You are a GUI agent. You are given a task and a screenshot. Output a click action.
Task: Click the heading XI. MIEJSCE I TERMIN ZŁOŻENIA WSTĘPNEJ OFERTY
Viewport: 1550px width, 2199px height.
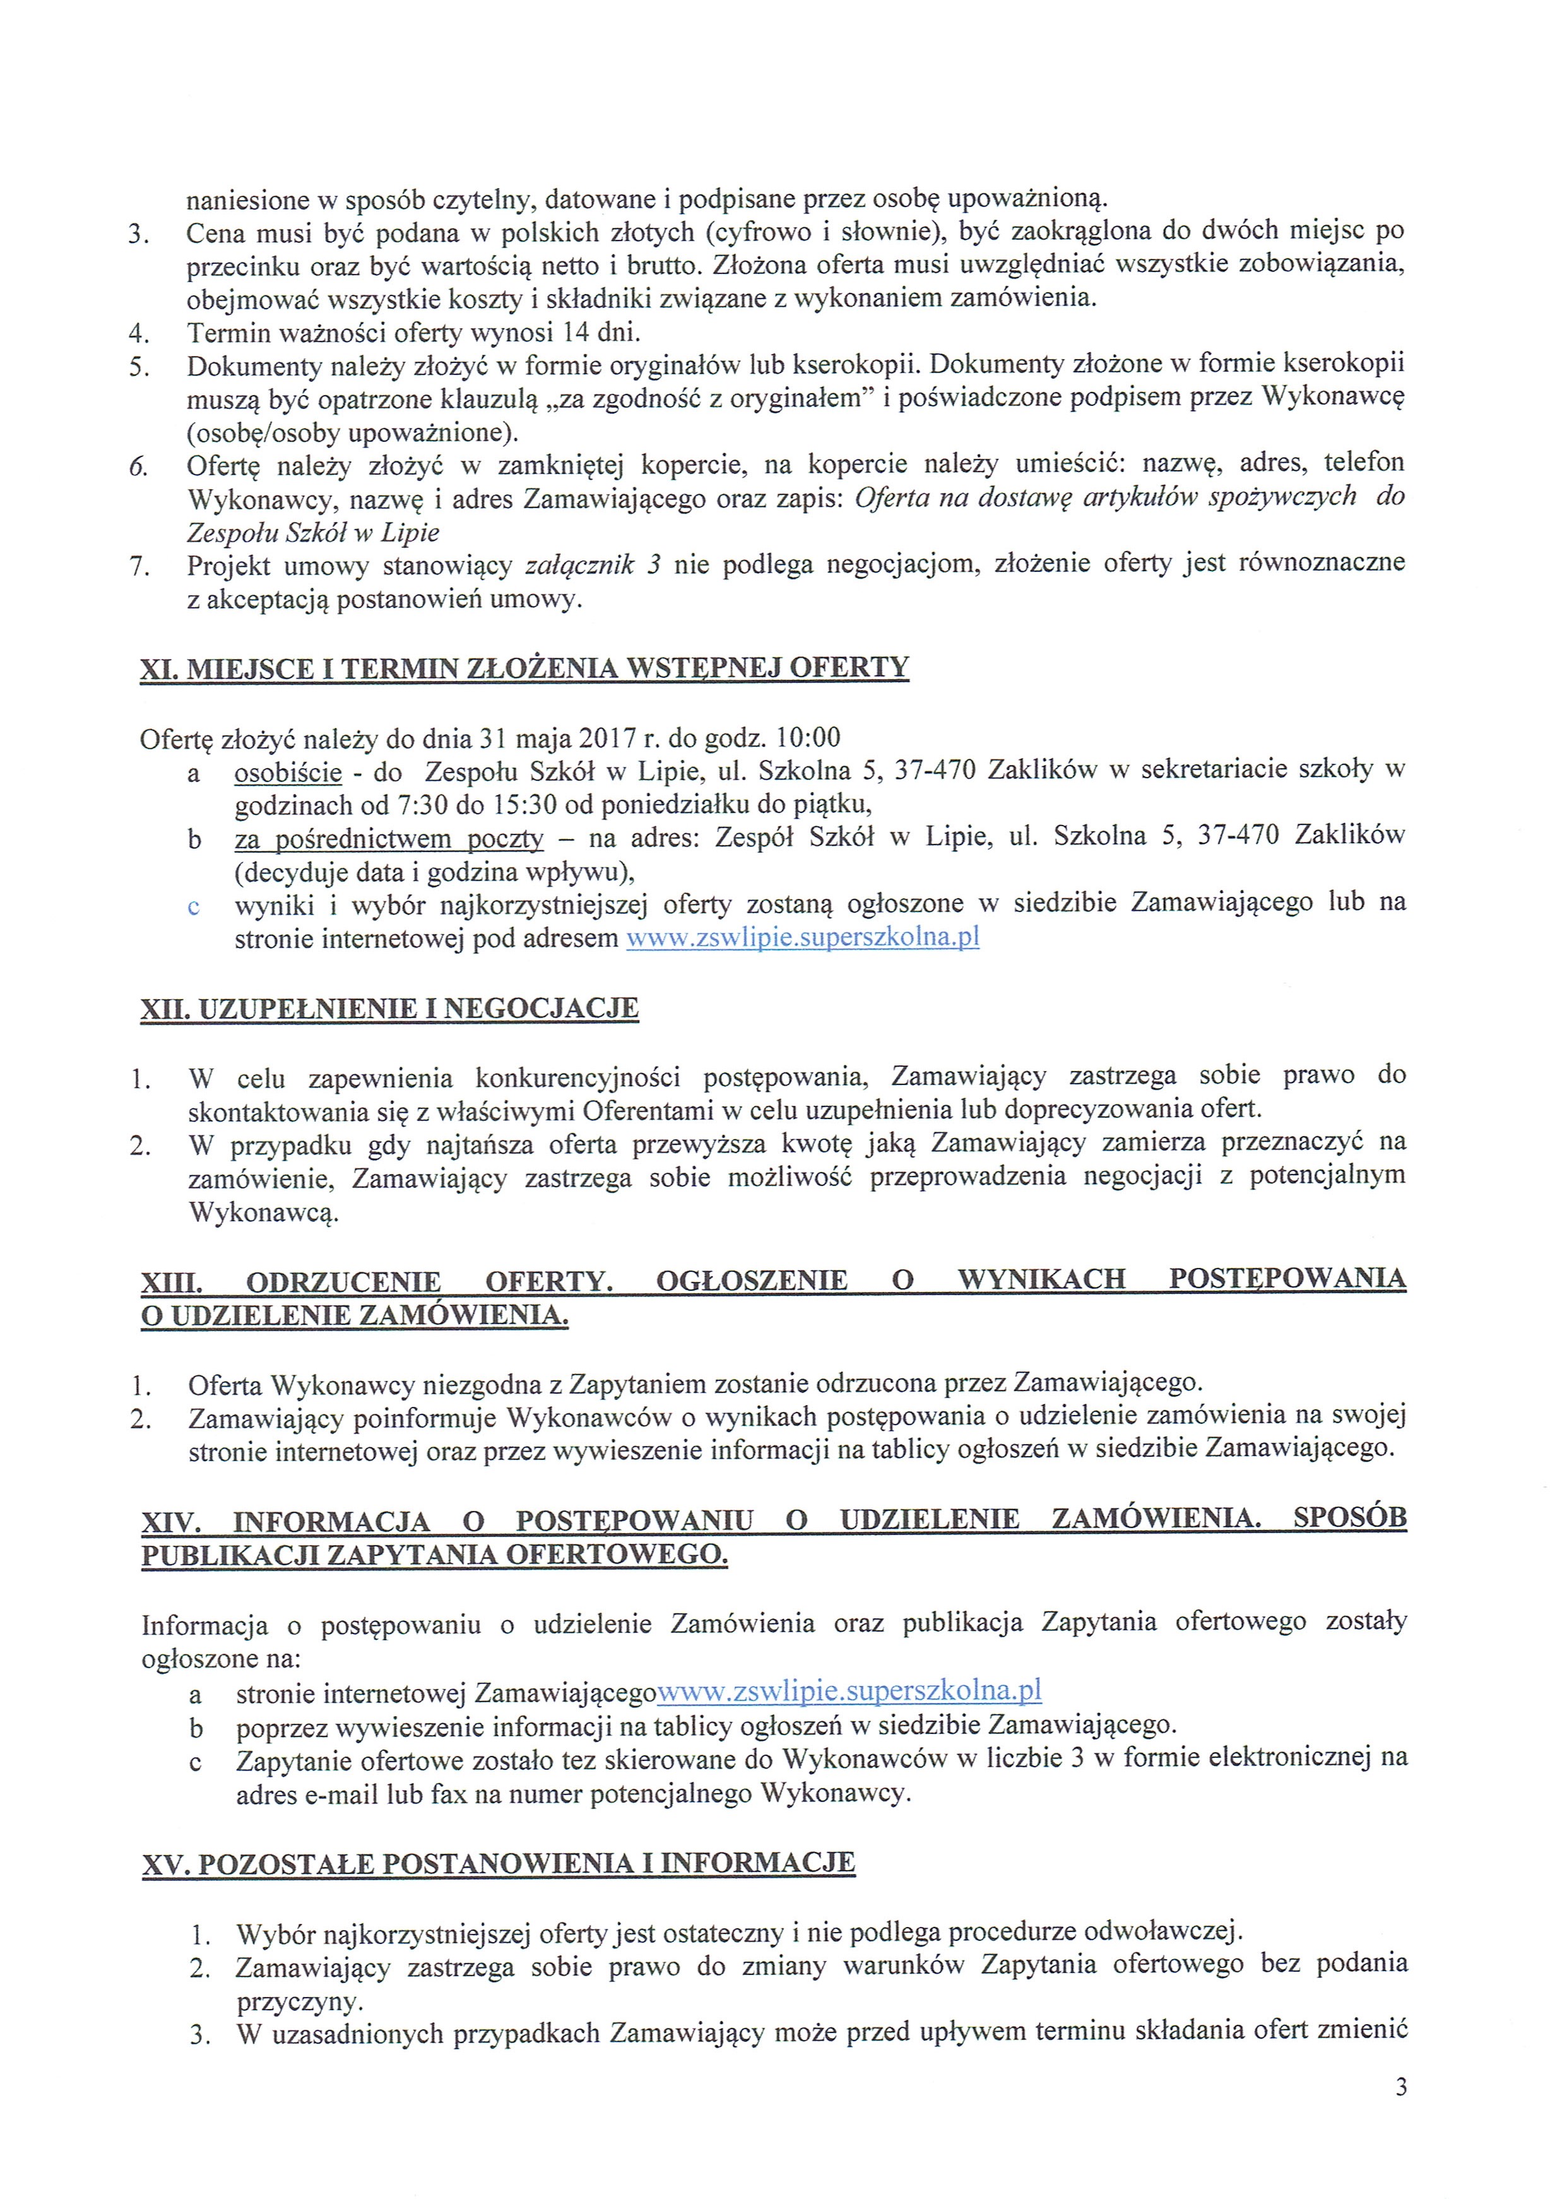pyautogui.click(x=524, y=668)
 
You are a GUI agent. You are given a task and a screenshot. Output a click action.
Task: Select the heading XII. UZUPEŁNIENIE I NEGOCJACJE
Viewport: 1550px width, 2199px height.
pyautogui.click(x=389, y=1009)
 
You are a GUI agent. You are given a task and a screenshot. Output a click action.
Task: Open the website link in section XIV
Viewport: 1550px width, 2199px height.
pyautogui.click(x=849, y=1690)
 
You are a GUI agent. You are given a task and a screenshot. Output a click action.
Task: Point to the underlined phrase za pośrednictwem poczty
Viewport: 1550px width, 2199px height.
pyautogui.click(x=389, y=838)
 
